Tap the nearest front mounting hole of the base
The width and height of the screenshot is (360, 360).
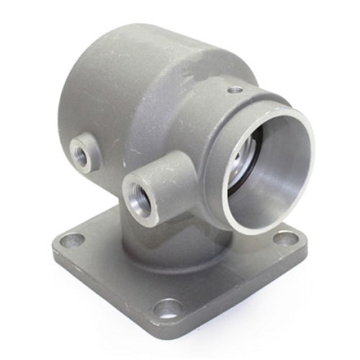point(168,308)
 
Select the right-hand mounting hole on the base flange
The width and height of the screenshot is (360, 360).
point(285,238)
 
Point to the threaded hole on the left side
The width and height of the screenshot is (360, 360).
point(79,152)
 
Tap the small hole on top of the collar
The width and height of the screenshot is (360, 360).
point(235,90)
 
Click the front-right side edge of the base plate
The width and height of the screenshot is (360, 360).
point(245,288)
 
